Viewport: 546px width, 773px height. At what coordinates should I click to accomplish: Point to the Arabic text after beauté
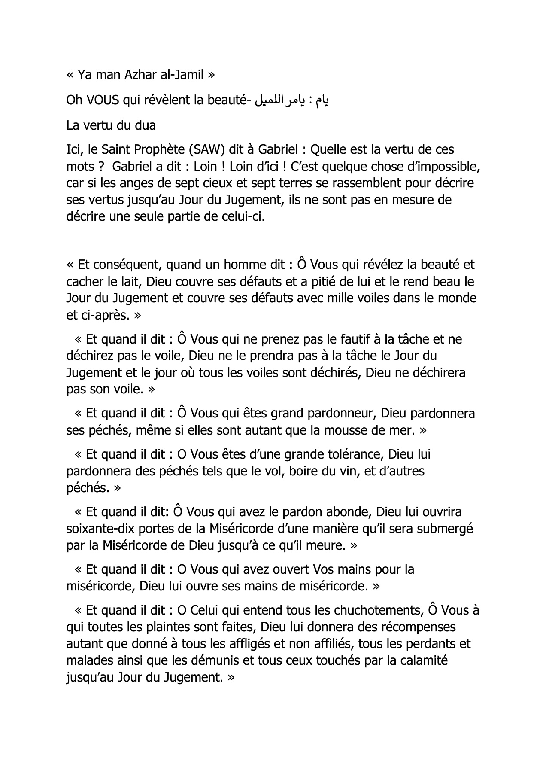[x=291, y=100]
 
